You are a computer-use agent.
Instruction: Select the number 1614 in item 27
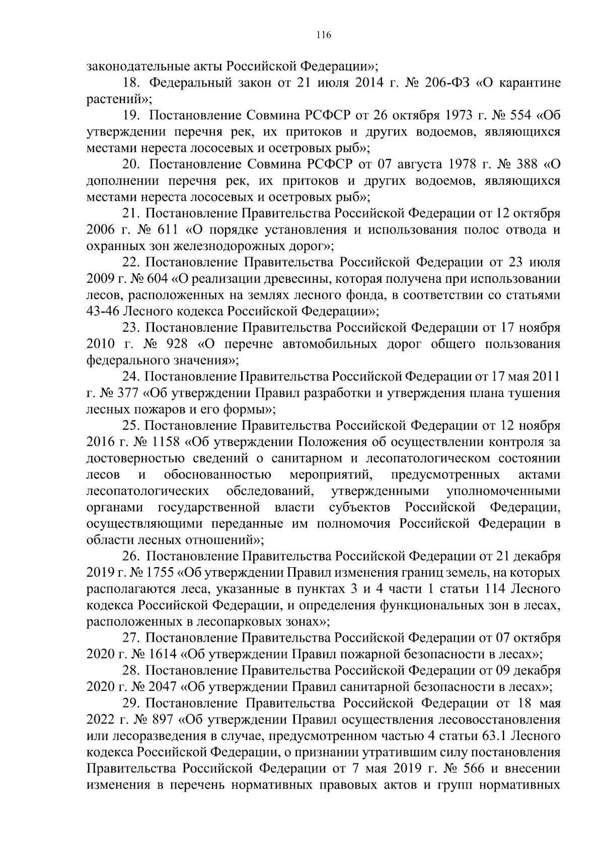[161, 654]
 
